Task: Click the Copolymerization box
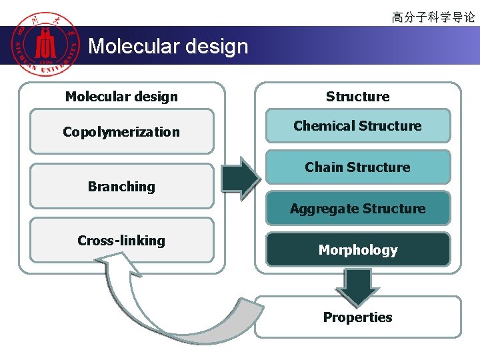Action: [121, 131]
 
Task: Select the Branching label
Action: [121, 187]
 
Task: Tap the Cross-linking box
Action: [121, 241]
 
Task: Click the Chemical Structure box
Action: [358, 126]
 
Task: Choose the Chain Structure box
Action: [358, 167]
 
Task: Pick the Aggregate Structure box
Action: [358, 209]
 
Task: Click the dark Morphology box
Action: [358, 250]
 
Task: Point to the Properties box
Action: [358, 317]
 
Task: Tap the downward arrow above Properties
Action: [358, 286]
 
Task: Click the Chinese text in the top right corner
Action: [433, 17]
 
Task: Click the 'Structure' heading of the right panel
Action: [358, 97]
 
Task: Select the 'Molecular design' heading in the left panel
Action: [121, 97]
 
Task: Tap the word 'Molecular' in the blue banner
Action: [129, 46]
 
